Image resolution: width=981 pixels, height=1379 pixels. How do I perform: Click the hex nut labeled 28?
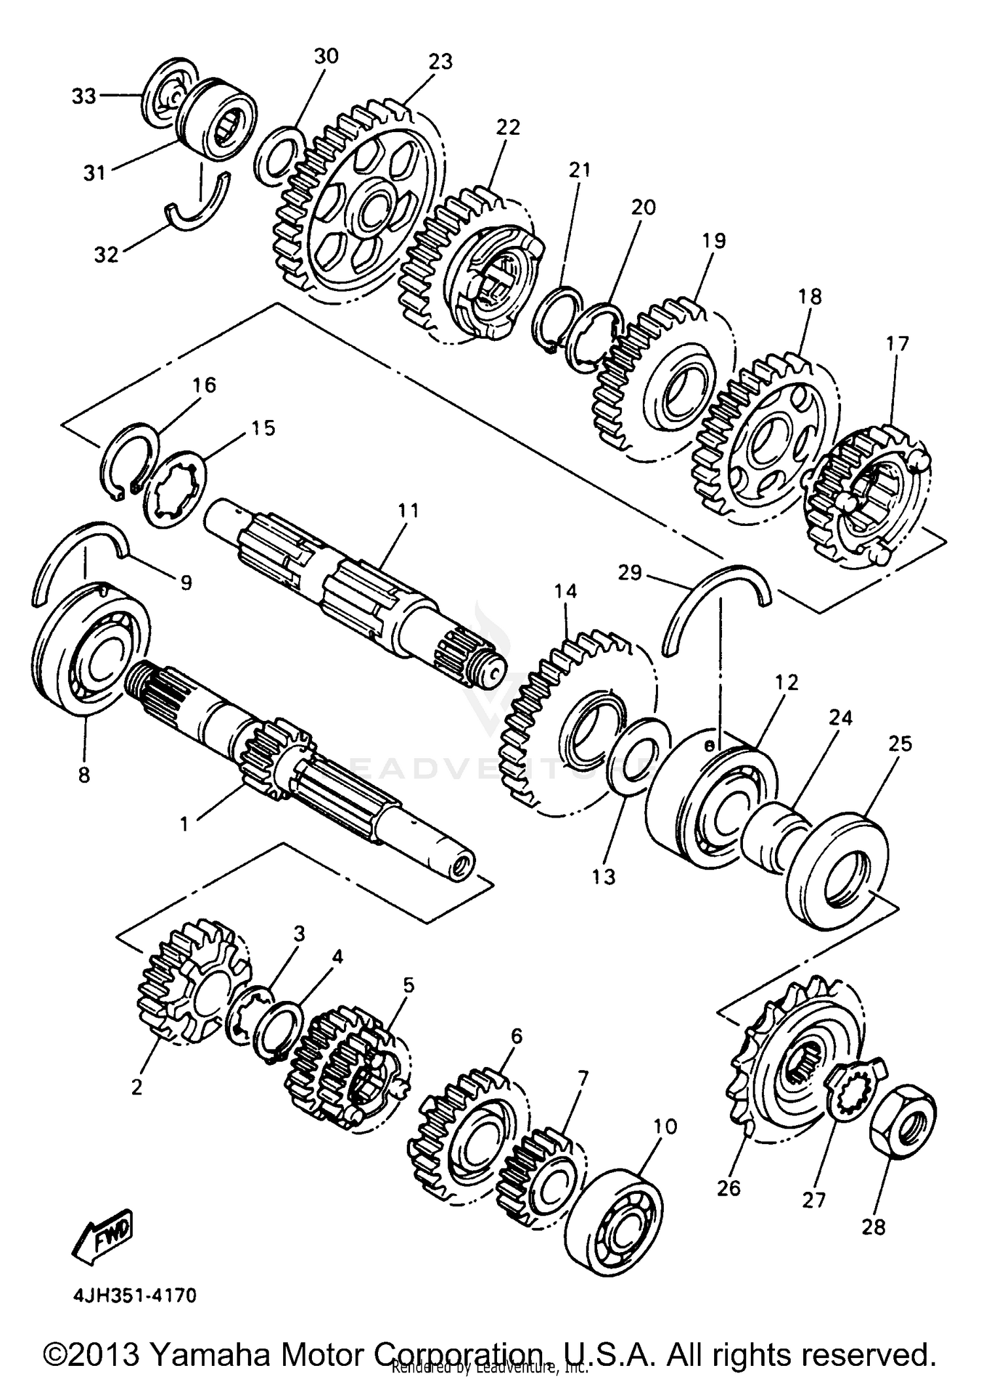pos(903,1126)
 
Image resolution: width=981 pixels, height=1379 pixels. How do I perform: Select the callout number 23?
pos(440,61)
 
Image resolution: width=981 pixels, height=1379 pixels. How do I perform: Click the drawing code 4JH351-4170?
pos(129,1295)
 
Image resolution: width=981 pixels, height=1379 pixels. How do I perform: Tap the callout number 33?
pos(83,96)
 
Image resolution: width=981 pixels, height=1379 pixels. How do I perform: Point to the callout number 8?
pos(84,775)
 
